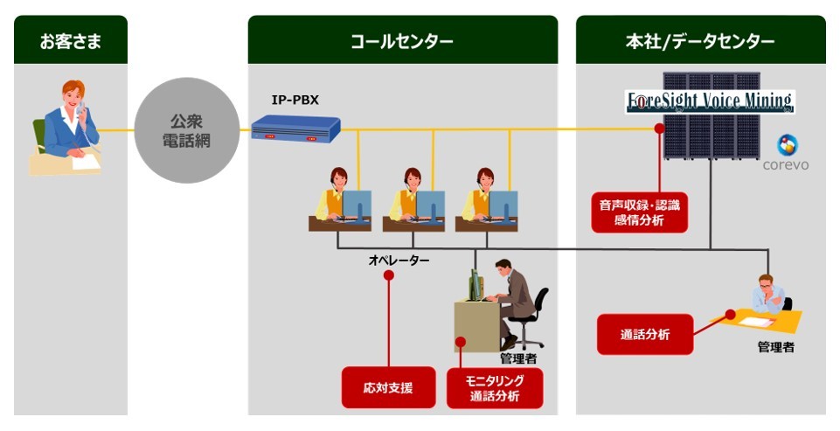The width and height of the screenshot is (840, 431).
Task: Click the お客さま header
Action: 70,40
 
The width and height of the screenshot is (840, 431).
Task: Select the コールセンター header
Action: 402,40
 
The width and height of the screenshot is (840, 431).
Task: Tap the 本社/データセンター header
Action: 700,40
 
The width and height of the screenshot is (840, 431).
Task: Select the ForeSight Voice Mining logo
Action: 710,101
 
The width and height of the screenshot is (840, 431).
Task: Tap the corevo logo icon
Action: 788,145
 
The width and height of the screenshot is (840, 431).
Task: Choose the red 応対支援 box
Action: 388,386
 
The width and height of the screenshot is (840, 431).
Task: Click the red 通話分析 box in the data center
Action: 644,334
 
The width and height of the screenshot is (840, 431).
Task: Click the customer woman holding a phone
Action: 70,127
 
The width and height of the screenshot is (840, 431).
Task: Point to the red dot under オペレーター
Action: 388,275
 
